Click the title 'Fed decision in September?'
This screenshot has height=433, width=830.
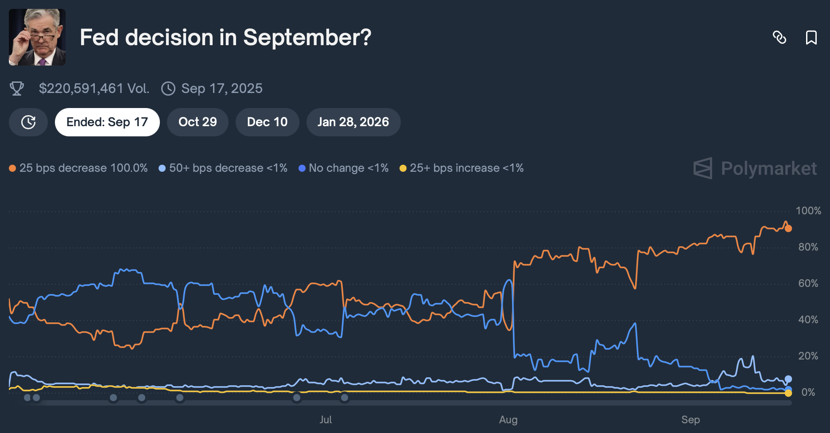pos(225,37)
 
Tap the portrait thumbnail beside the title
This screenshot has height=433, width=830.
pos(37,37)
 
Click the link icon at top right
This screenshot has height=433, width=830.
pos(779,37)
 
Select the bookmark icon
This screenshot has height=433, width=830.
pos(811,37)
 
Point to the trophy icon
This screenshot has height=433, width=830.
pos(17,89)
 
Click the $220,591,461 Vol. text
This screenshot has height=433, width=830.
pos(94,89)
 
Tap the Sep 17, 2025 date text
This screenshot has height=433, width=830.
pos(221,89)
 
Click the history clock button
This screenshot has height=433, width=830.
pos(28,122)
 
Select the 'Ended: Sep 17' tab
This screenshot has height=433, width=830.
pos(107,122)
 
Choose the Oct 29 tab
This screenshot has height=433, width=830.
pos(198,122)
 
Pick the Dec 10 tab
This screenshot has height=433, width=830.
pos(267,122)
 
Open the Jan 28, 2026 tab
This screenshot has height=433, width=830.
pos(353,122)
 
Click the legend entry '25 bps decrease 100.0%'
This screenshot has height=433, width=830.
pos(79,168)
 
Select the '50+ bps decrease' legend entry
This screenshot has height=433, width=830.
pos(223,168)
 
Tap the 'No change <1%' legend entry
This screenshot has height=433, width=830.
pos(344,168)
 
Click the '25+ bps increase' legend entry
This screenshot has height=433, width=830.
pos(462,168)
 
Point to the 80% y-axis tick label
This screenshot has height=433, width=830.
pos(808,247)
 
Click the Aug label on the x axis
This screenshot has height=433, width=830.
pos(508,420)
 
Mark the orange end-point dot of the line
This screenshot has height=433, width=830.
pos(788,228)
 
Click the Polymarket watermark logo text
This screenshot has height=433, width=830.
pos(768,169)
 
